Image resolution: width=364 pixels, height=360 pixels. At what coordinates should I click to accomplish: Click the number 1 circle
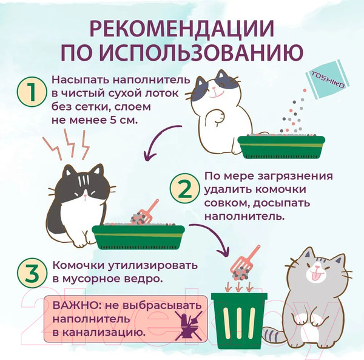(x=29, y=93)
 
